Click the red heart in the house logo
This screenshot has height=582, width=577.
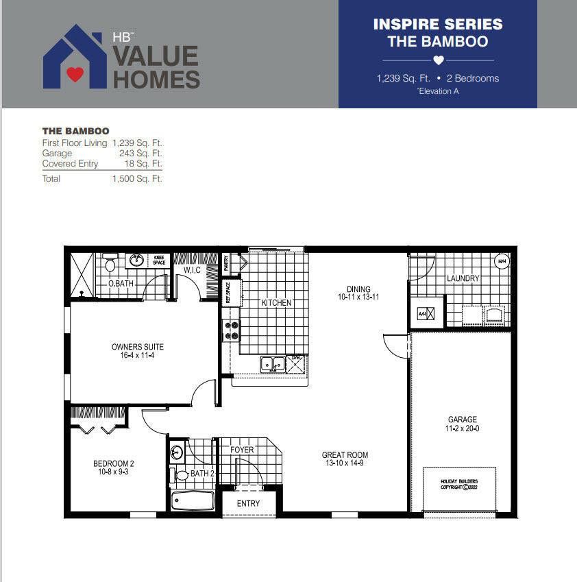(x=75, y=74)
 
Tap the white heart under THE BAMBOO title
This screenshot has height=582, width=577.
(x=439, y=60)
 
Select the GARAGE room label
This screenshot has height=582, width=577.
(x=462, y=420)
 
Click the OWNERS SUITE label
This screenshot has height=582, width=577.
(x=138, y=347)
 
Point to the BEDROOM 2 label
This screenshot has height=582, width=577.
(x=114, y=464)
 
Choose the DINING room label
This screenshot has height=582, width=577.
(x=358, y=289)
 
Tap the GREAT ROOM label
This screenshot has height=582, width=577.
(x=345, y=454)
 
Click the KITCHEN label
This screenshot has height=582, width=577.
(x=276, y=302)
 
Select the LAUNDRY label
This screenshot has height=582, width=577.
(x=463, y=278)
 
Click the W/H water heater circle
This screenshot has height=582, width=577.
(x=501, y=261)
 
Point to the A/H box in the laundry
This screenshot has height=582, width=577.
(x=422, y=314)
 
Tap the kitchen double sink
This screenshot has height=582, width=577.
(x=272, y=363)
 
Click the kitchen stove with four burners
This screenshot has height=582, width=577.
(x=231, y=330)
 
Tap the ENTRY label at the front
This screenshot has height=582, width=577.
(x=248, y=503)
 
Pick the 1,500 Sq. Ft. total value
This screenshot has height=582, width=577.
(x=137, y=179)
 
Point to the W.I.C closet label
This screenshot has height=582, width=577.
(x=191, y=271)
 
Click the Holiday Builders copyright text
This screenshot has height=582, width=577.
(x=459, y=485)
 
